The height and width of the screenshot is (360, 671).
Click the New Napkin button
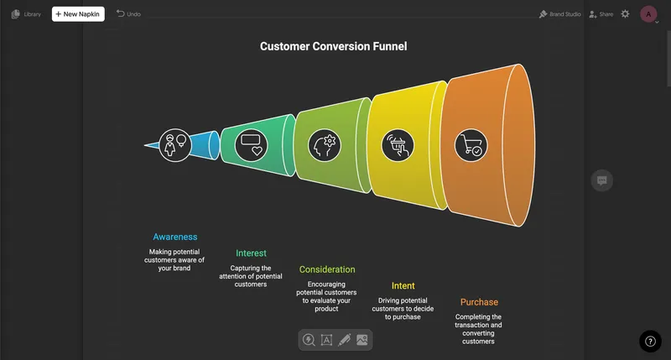[x=78, y=14]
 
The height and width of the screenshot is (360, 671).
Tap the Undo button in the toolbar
[x=128, y=14]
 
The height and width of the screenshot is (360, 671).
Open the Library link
[x=26, y=14]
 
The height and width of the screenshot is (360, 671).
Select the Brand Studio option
[x=559, y=14]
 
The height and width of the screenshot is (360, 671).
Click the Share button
[x=601, y=14]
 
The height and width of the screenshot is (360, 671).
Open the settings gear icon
[x=625, y=14]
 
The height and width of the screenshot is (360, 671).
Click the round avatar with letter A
[x=648, y=14]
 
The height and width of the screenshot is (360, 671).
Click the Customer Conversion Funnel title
[x=333, y=46]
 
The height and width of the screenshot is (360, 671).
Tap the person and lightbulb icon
[x=175, y=145]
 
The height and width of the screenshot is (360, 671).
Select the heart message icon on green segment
[x=251, y=145]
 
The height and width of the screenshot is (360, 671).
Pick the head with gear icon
[x=325, y=145]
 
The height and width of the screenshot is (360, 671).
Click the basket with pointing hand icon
[x=398, y=145]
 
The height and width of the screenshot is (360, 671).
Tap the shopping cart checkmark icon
[x=471, y=145]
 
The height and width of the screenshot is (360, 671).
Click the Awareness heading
[x=175, y=237]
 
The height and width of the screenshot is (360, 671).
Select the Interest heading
[x=251, y=253]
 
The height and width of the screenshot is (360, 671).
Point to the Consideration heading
[x=327, y=269]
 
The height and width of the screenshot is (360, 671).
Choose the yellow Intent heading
[x=403, y=285]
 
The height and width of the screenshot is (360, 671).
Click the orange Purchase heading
[x=479, y=302]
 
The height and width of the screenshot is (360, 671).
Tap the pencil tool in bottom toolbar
[x=344, y=340]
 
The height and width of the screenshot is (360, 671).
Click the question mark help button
[x=650, y=342]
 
